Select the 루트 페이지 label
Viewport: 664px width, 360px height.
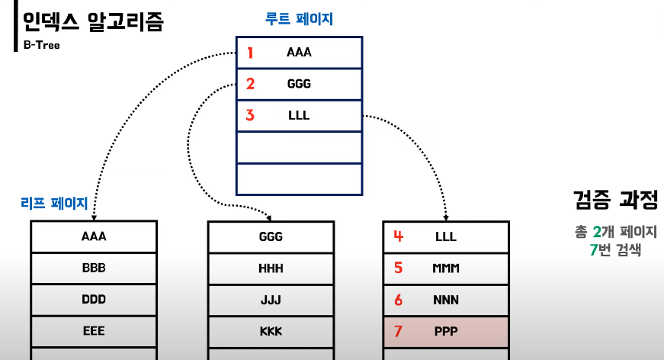click(x=299, y=19)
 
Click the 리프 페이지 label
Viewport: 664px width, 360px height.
click(x=54, y=204)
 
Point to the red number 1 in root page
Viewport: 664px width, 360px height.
click(x=250, y=53)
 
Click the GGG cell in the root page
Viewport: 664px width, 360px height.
click(x=299, y=84)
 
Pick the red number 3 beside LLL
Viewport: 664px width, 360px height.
click(x=250, y=115)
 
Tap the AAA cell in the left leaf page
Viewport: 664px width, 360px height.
click(x=94, y=236)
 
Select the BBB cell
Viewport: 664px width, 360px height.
click(x=94, y=268)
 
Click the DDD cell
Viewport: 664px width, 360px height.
click(x=94, y=300)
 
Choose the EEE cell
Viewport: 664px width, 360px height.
click(x=94, y=331)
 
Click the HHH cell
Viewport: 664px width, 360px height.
click(x=271, y=268)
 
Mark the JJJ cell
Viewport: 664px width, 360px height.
click(x=271, y=300)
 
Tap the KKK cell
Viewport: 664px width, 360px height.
click(x=271, y=331)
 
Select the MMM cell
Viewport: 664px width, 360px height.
click(x=446, y=268)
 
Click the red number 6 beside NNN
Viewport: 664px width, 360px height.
click(x=398, y=300)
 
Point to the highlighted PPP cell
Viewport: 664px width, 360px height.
click(x=446, y=331)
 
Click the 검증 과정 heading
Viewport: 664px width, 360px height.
click(x=614, y=200)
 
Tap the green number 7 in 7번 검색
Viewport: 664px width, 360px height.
click(x=592, y=249)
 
